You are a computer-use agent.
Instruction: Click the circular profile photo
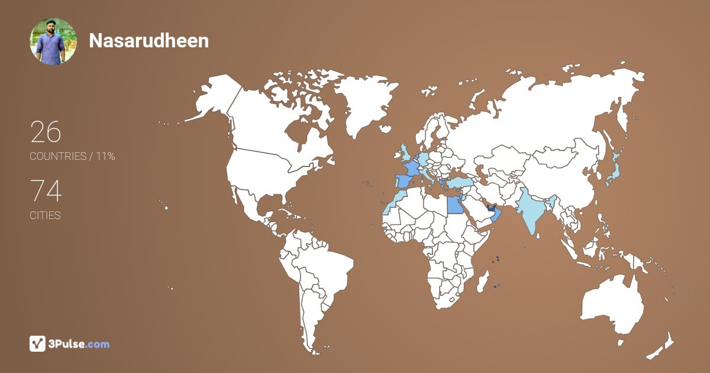click(53, 41)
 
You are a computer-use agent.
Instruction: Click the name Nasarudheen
click(149, 40)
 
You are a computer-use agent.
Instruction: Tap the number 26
click(46, 132)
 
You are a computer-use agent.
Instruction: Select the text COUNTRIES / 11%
click(72, 156)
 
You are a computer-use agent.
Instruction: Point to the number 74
click(46, 191)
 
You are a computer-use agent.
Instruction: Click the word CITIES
click(45, 216)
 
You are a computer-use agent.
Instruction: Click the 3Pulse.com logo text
click(79, 343)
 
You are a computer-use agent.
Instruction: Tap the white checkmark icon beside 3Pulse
click(38, 343)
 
